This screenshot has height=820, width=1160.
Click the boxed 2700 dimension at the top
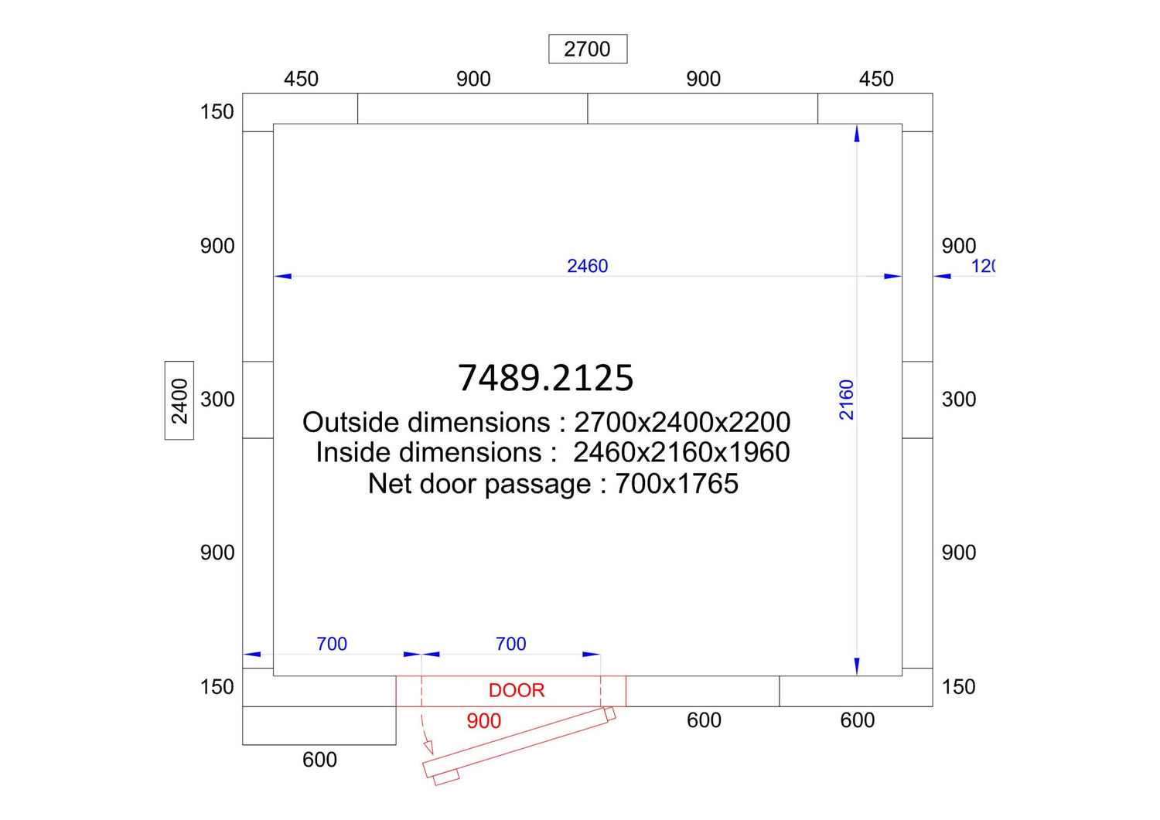click(587, 49)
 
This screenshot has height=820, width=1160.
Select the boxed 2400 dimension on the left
click(179, 400)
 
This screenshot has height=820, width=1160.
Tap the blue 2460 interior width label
click(587, 266)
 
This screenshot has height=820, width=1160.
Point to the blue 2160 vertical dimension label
click(846, 400)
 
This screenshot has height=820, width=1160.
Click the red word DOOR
click(517, 691)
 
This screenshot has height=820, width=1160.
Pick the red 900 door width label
click(483, 721)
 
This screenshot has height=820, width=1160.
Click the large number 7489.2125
click(546, 377)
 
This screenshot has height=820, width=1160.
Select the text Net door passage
click(479, 485)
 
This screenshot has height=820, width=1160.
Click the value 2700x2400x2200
click(682, 423)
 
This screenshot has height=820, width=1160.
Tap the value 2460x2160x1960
click(681, 452)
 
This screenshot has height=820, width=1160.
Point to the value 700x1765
click(677, 484)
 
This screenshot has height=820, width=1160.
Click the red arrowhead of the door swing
click(428, 747)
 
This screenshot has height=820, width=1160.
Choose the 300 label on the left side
click(217, 400)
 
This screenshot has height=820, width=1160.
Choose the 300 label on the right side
click(959, 400)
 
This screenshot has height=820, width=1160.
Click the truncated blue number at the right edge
click(983, 266)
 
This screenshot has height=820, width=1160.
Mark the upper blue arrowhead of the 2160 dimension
click(857, 134)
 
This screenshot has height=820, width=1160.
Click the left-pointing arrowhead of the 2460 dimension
click(283, 277)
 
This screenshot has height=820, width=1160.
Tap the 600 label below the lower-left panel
click(319, 760)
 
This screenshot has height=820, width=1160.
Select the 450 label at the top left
click(301, 79)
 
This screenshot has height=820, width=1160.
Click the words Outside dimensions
click(426, 423)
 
